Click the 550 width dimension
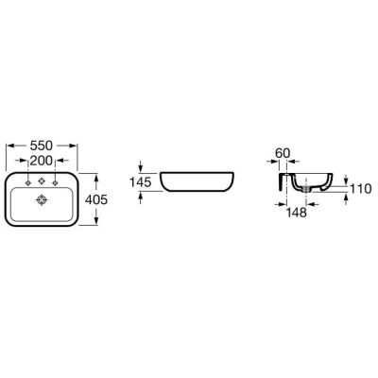42,146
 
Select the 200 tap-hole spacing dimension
41,161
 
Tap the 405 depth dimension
96,199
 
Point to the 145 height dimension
141,182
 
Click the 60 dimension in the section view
283,153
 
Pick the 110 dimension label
361,189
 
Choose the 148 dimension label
297,213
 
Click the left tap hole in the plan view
28,182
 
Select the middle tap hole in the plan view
42,181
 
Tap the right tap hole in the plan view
56,182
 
